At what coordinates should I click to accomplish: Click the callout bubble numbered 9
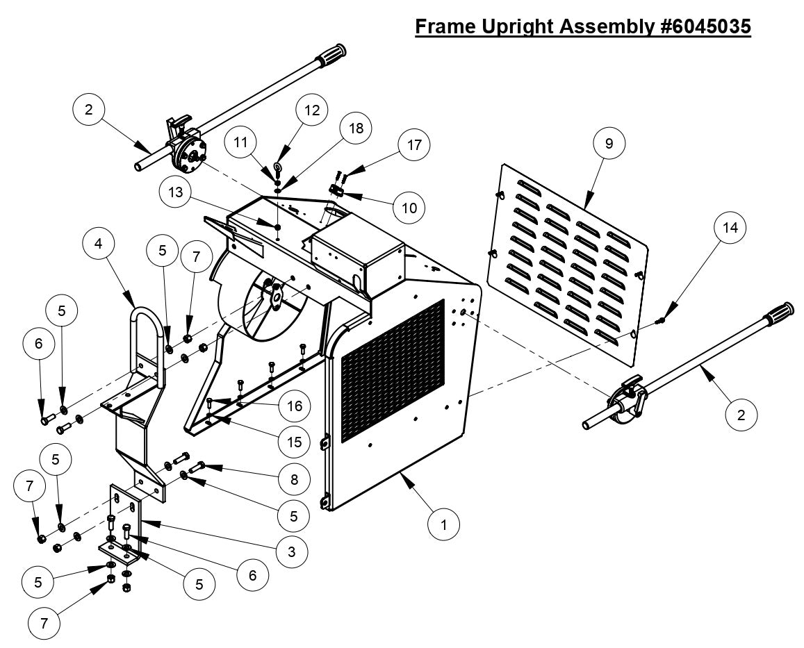click(x=609, y=143)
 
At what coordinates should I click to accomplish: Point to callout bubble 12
click(x=312, y=110)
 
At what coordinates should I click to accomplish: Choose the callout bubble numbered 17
click(x=414, y=144)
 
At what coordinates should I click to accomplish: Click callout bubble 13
click(x=175, y=192)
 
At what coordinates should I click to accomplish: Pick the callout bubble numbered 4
click(x=99, y=244)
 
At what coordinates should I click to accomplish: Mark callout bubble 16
click(x=295, y=406)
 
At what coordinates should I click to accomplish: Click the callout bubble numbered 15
click(x=295, y=440)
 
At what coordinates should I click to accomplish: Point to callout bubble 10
click(x=409, y=207)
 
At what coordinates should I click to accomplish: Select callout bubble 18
click(x=355, y=128)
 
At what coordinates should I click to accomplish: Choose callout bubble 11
click(x=241, y=143)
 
